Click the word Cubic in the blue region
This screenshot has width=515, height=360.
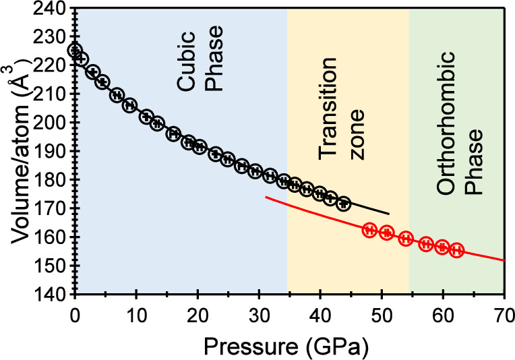point(188,84)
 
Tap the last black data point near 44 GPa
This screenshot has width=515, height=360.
point(344,203)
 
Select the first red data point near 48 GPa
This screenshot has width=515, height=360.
point(369,230)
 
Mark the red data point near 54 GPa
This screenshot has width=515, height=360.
point(406,238)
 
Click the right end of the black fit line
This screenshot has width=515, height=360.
point(389,214)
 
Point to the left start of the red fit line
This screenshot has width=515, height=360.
point(266,197)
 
